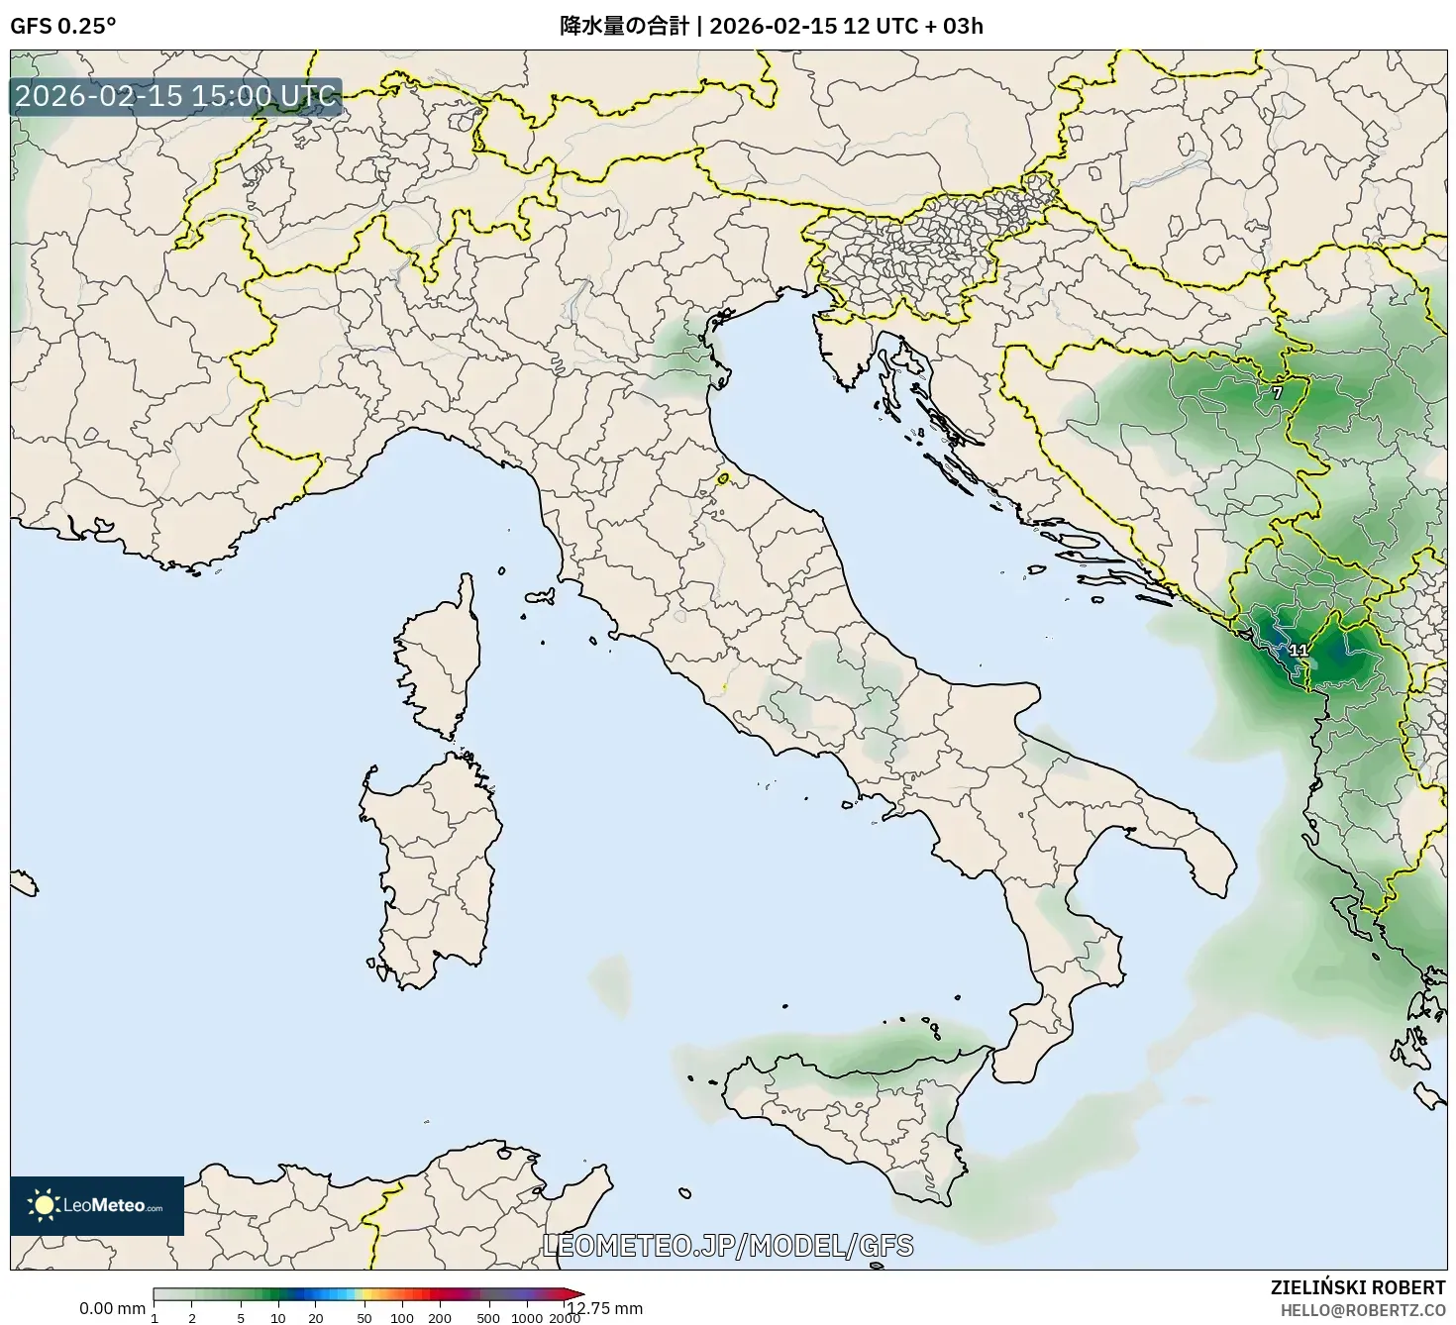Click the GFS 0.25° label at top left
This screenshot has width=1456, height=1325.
point(62,26)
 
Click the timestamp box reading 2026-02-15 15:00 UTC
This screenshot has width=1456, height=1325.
point(176,97)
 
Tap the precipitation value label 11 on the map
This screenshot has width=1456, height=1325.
point(1298,651)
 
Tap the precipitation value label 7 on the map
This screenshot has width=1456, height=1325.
point(1277,393)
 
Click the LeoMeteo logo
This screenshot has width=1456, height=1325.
point(97,1205)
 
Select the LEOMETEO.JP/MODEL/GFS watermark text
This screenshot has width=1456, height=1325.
point(728,1246)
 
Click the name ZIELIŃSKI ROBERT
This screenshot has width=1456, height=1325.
point(1357,1287)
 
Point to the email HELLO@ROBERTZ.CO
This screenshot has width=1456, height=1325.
point(1361,1309)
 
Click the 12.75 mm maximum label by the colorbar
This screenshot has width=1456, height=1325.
point(605,1308)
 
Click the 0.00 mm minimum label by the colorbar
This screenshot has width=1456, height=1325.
point(112,1308)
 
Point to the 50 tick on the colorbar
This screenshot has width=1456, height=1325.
point(364,1317)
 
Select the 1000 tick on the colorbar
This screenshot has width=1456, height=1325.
point(527,1317)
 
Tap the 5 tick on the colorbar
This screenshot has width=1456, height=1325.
point(241,1317)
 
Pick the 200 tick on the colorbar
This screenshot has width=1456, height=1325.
point(440,1317)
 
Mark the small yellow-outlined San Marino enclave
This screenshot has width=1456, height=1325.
point(723,479)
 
